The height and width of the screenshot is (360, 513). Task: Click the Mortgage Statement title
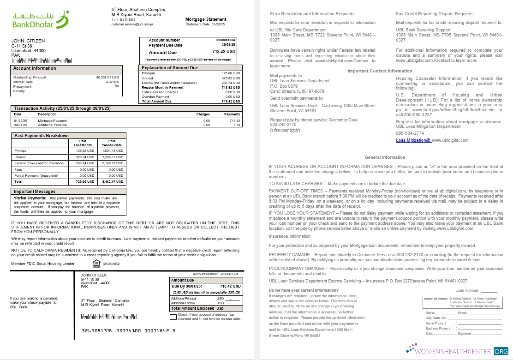pyautogui.click(x=206, y=19)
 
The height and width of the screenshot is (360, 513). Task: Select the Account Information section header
pyautogui.click(x=35, y=68)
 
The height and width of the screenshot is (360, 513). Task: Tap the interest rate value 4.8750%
pyautogui.click(x=112, y=82)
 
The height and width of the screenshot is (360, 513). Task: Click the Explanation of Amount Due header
pyautogui.click(x=170, y=68)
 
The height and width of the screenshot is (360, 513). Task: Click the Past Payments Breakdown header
pyautogui.click(x=42, y=136)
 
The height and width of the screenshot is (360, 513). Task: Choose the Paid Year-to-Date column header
pyautogui.click(x=112, y=143)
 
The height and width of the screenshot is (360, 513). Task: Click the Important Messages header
pyautogui.click(x=35, y=191)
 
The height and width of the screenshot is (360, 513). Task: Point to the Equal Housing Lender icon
pyautogui.click(x=96, y=264)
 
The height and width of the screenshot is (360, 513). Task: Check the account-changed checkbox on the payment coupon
pyautogui.click(x=173, y=317)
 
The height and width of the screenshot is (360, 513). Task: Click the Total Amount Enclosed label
pyautogui.click(x=192, y=308)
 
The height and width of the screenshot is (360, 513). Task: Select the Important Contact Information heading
pyautogui.click(x=380, y=71)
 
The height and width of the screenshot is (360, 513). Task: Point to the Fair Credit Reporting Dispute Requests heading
pyautogui.click(x=435, y=14)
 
